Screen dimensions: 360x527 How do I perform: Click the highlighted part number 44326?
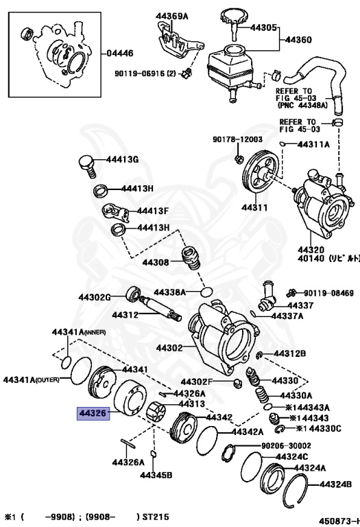[x=93, y=413]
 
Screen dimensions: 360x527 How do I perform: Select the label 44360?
[x=298, y=40]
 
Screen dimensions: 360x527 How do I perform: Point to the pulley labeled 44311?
[x=261, y=173]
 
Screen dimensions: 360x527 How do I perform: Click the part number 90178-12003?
[x=237, y=139]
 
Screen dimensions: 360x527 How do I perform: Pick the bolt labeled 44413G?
[x=87, y=165]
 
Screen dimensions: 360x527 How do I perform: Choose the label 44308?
[x=156, y=262]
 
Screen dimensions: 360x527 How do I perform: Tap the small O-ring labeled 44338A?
[x=207, y=292]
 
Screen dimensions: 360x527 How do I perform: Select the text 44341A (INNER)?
[x=79, y=332]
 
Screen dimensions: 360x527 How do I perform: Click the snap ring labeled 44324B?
[x=295, y=490]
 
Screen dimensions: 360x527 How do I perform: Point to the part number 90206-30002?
[x=286, y=445]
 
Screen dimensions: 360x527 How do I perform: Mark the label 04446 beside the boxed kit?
[x=120, y=53]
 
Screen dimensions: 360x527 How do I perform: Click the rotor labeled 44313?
[x=156, y=412]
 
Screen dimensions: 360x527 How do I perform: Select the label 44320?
[x=311, y=250]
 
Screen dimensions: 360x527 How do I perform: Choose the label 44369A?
[x=171, y=16]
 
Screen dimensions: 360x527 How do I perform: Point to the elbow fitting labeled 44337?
[x=267, y=295]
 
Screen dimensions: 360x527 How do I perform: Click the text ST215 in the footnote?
[x=156, y=517]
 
